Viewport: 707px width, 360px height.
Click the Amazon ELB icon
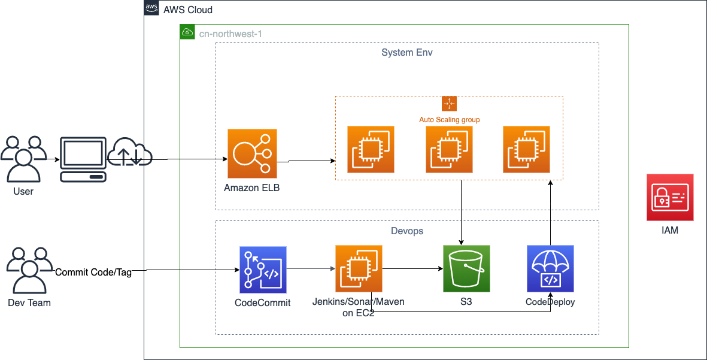pos(251,153)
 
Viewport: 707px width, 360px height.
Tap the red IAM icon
pos(670,197)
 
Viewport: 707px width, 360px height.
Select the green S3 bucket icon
pos(466,268)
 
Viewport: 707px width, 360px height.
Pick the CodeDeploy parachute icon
pos(550,268)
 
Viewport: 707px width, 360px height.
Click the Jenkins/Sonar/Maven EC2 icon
pos(359,268)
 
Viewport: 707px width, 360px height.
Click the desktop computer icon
pos(83,159)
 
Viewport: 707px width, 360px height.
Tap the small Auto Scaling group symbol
pos(448,103)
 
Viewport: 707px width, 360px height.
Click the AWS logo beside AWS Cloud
pos(151,9)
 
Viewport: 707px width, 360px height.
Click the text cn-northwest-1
pos(230,34)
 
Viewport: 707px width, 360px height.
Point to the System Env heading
pos(406,53)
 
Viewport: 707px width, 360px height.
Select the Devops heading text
pos(406,231)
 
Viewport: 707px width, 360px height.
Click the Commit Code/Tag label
pos(93,272)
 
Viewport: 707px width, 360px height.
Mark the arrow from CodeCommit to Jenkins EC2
pos(310,270)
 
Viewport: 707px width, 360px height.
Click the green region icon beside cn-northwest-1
pos(187,32)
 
